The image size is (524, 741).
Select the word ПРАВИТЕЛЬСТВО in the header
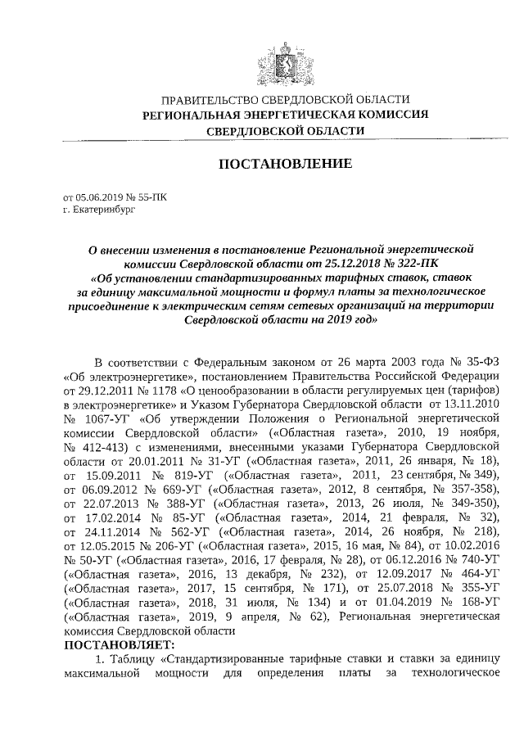pos(206,99)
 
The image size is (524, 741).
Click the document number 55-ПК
pos(147,197)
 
